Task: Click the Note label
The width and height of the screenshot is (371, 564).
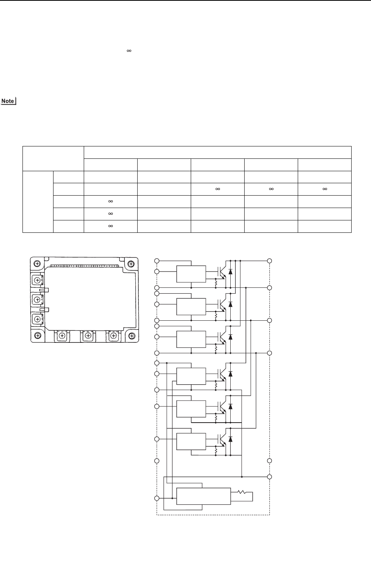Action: coord(8,101)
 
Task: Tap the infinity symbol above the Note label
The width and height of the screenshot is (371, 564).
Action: coord(129,51)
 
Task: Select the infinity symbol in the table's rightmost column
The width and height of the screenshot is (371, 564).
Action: coord(324,189)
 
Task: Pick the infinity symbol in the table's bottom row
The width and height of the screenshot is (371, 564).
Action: coord(110,226)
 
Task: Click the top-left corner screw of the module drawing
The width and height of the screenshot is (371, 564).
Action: coord(37,263)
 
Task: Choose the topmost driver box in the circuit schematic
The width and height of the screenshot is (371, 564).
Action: coord(191,274)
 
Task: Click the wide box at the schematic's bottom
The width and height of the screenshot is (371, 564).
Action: coord(203,497)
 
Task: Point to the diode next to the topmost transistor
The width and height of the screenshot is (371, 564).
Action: coord(231,272)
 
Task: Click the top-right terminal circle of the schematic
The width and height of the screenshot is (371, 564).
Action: coord(269,261)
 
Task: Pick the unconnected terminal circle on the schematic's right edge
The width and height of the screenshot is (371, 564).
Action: coord(269,461)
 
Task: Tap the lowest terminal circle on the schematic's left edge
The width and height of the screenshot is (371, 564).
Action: coord(157,498)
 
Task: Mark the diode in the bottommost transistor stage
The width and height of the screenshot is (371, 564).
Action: coord(231,439)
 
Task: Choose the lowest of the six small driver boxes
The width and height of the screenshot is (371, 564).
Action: coord(191,442)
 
